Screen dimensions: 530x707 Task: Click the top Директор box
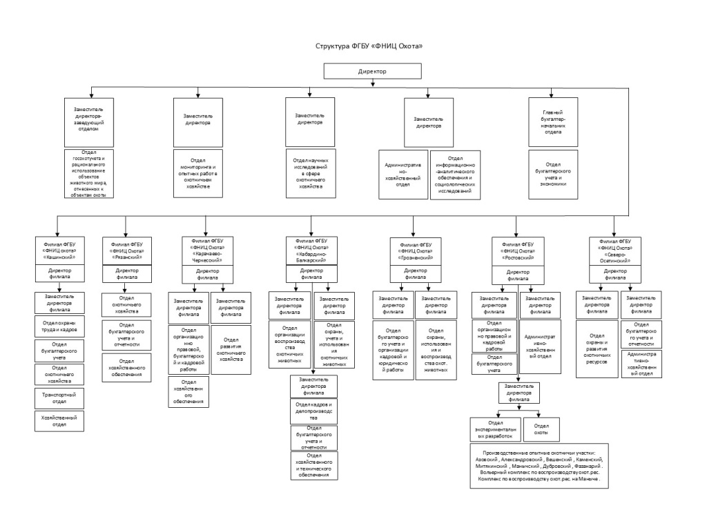pyautogui.click(x=372, y=72)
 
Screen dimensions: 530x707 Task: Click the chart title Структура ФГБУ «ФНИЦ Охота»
pyautogui.click(x=368, y=46)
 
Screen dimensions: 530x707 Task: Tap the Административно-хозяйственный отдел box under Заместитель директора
pyautogui.click(x=403, y=175)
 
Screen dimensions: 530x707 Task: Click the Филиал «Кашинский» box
pyautogui.click(x=59, y=250)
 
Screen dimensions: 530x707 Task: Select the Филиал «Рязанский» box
pyautogui.click(x=125, y=250)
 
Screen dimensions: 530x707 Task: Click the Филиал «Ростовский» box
pyautogui.click(x=518, y=250)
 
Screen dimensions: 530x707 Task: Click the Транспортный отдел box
pyautogui.click(x=59, y=398)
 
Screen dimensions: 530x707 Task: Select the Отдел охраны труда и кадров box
pyautogui.click(x=59, y=325)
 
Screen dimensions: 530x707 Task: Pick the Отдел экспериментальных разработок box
pyautogui.click(x=495, y=429)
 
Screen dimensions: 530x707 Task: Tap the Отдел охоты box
pyautogui.click(x=541, y=429)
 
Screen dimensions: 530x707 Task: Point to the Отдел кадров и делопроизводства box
pyautogui.click(x=313, y=411)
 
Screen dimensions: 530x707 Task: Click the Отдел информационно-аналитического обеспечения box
pyautogui.click(x=454, y=175)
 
